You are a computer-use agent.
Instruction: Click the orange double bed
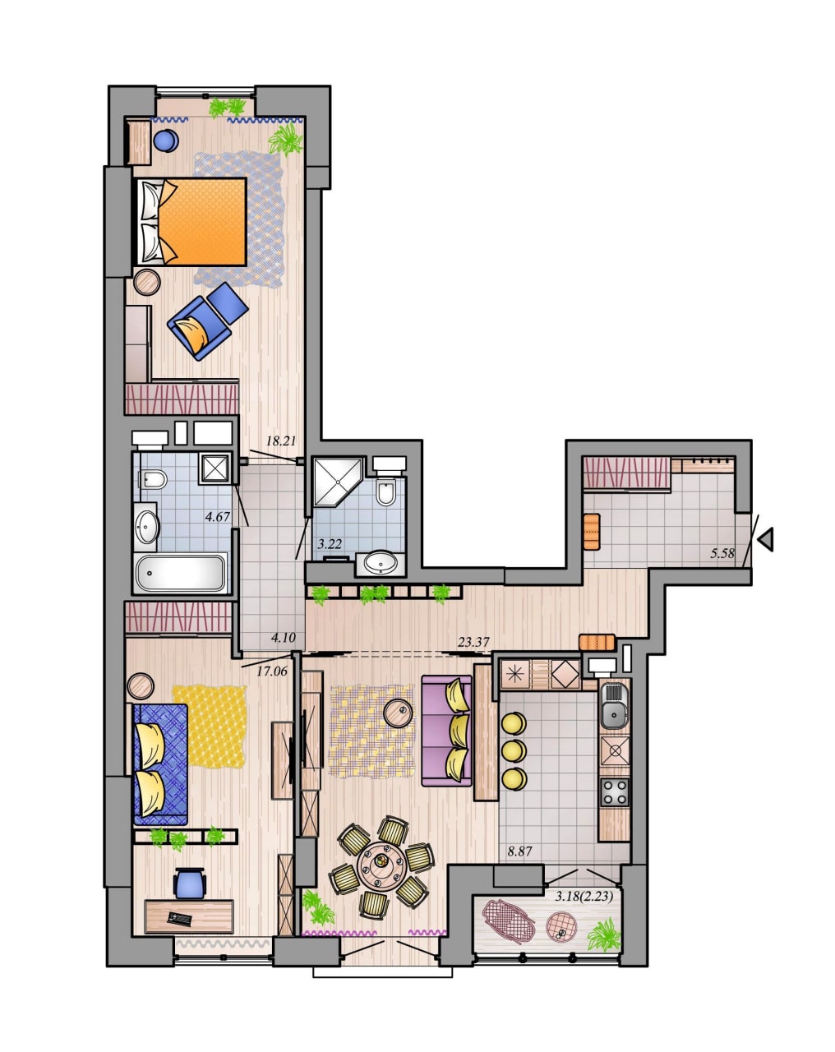point(191,221)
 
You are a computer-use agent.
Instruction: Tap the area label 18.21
point(281,441)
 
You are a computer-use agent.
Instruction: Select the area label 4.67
point(218,517)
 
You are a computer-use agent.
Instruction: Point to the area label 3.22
point(330,543)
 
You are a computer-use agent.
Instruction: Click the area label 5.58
point(722,553)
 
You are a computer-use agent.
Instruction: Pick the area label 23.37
point(473,642)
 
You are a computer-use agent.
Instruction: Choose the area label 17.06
point(272,671)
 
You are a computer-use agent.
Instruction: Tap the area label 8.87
point(519,851)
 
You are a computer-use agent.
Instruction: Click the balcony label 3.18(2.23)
point(584,896)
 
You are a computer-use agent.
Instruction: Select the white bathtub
point(182,573)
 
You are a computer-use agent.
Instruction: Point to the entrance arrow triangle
point(766,540)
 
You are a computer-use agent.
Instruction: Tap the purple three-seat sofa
point(447,731)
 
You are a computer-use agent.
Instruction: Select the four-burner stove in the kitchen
point(615,792)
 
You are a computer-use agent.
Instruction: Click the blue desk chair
point(190,883)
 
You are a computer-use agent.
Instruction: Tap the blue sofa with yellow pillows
point(160,764)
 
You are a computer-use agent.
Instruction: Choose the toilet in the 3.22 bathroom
point(386,491)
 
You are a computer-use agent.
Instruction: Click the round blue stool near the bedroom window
point(166,141)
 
